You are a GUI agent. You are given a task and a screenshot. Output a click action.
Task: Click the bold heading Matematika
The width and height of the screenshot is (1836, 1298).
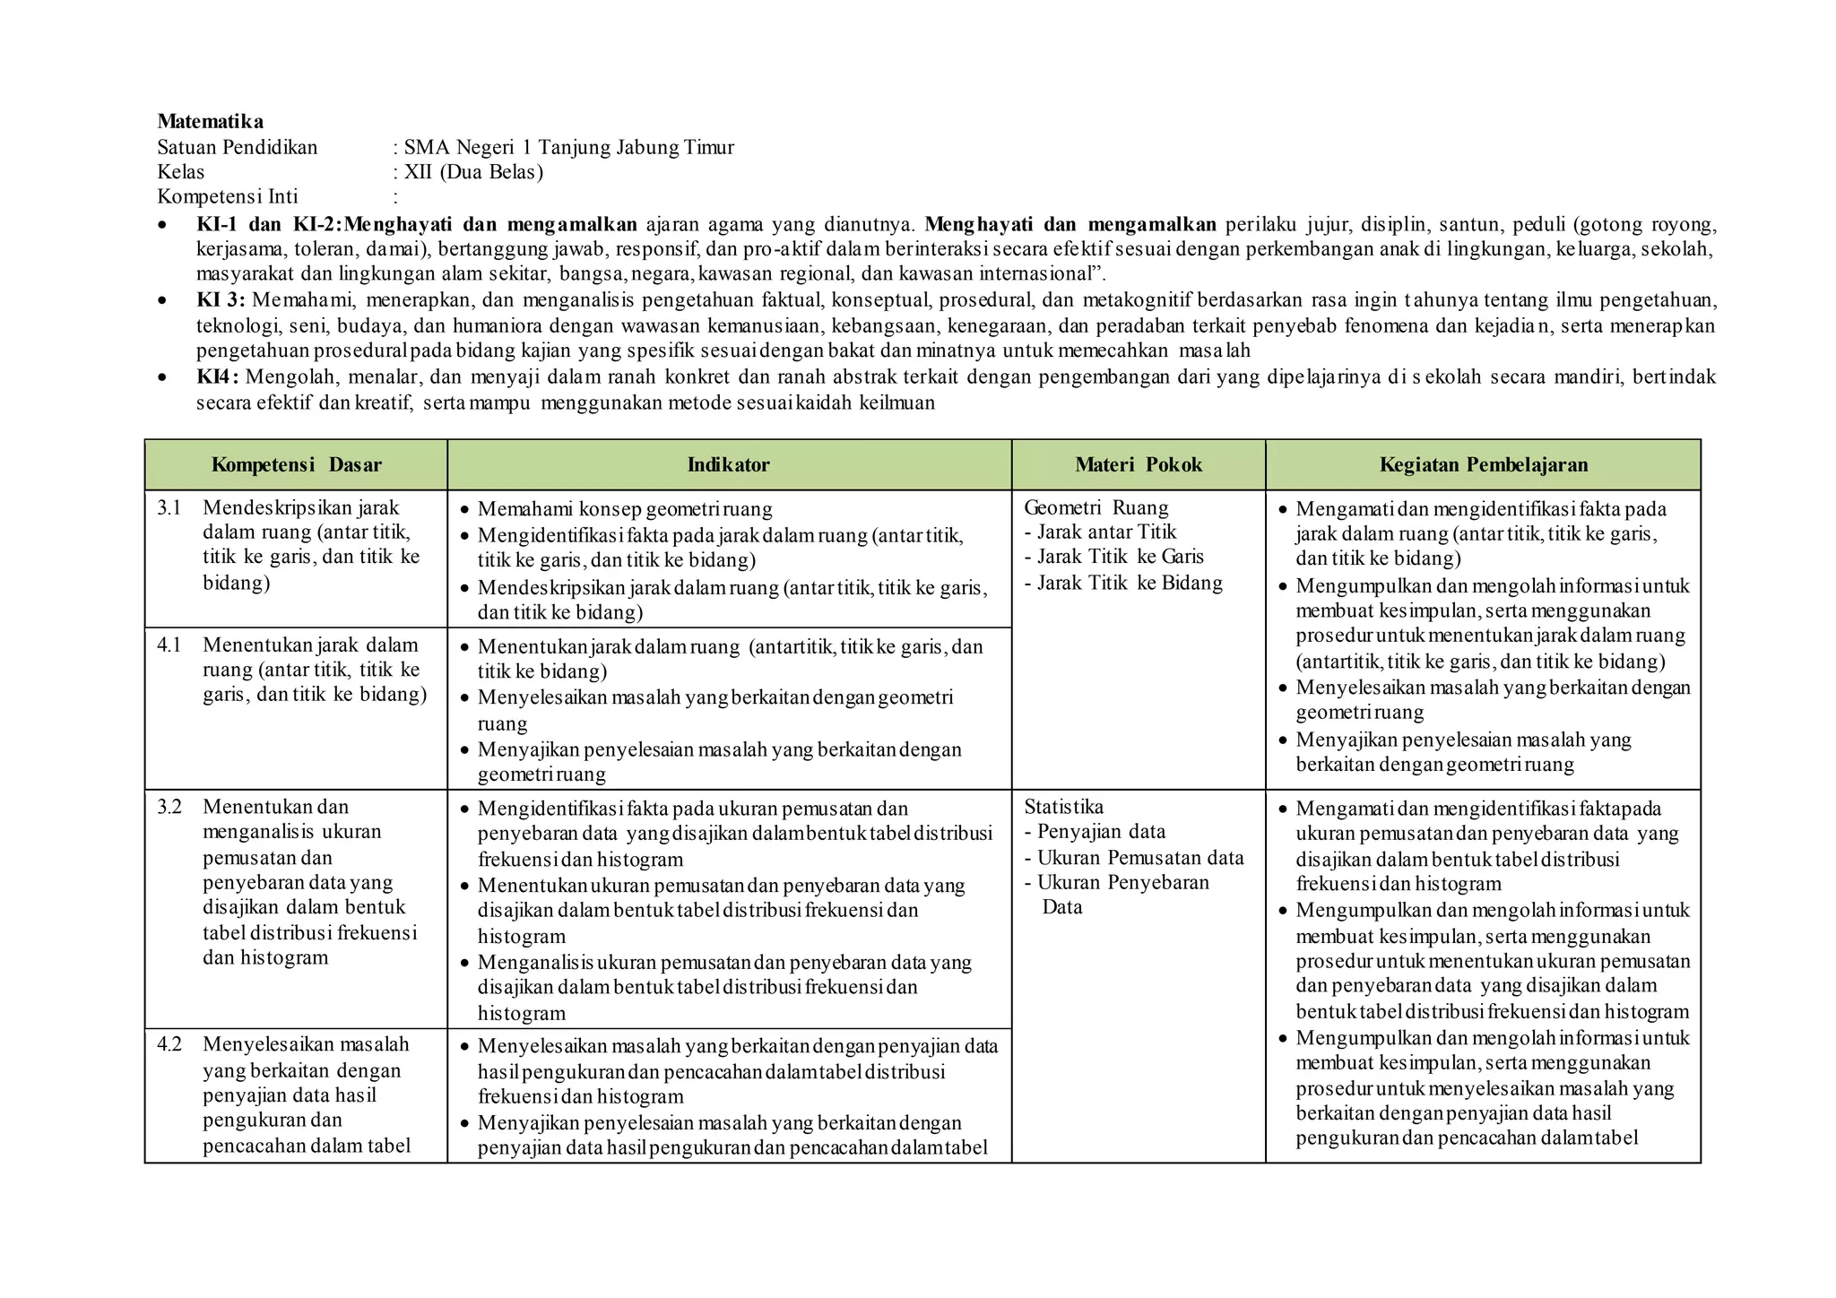pos(210,121)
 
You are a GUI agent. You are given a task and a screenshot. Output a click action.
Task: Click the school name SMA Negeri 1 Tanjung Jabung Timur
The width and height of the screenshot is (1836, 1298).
pos(568,147)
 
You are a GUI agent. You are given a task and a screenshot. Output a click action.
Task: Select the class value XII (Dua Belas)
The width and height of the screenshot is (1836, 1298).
pos(473,172)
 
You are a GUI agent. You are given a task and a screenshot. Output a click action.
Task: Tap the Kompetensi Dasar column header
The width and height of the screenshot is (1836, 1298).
pos(296,464)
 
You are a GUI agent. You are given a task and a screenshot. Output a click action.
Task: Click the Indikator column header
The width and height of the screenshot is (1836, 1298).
pos(728,464)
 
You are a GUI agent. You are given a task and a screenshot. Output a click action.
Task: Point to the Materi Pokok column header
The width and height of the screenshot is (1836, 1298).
pos(1138,464)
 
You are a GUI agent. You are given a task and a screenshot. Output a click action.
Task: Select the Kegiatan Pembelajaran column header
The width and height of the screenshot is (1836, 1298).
pos(1483,464)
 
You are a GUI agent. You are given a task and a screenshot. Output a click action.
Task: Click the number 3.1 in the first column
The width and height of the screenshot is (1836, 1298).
pos(169,508)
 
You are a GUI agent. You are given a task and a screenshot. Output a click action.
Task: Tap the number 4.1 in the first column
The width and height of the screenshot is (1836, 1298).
pos(169,645)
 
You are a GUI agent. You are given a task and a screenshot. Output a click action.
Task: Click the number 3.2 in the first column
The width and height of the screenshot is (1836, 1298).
pos(169,807)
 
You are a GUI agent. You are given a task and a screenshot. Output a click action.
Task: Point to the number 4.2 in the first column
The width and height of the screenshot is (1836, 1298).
pos(169,1044)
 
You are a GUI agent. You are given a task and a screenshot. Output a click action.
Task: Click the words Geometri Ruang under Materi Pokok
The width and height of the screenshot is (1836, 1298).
pos(1096,508)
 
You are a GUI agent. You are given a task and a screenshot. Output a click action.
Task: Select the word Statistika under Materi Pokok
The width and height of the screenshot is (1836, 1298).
pos(1063,807)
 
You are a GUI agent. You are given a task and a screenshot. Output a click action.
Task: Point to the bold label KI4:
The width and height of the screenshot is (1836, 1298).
pos(218,376)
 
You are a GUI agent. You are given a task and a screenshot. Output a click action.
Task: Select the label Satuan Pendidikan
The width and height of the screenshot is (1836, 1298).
pos(237,147)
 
